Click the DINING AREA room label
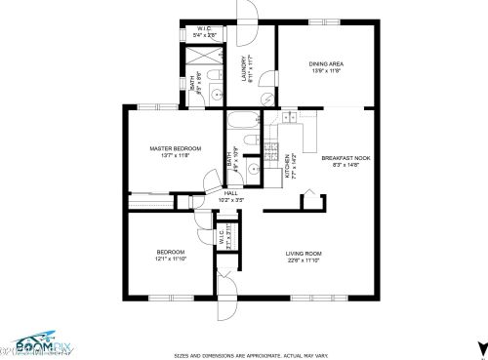pyautogui.click(x=326, y=64)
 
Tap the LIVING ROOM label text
pyautogui.click(x=304, y=253)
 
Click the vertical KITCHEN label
pyautogui.click(x=286, y=167)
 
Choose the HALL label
pyautogui.click(x=230, y=193)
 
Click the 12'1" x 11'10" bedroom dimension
pyautogui.click(x=171, y=260)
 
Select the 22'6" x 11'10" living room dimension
pyautogui.click(x=304, y=260)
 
